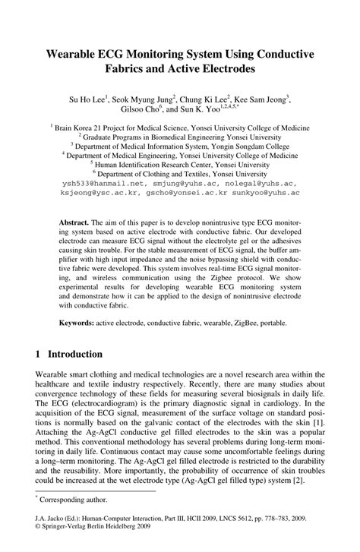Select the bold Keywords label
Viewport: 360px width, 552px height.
click(77, 323)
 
